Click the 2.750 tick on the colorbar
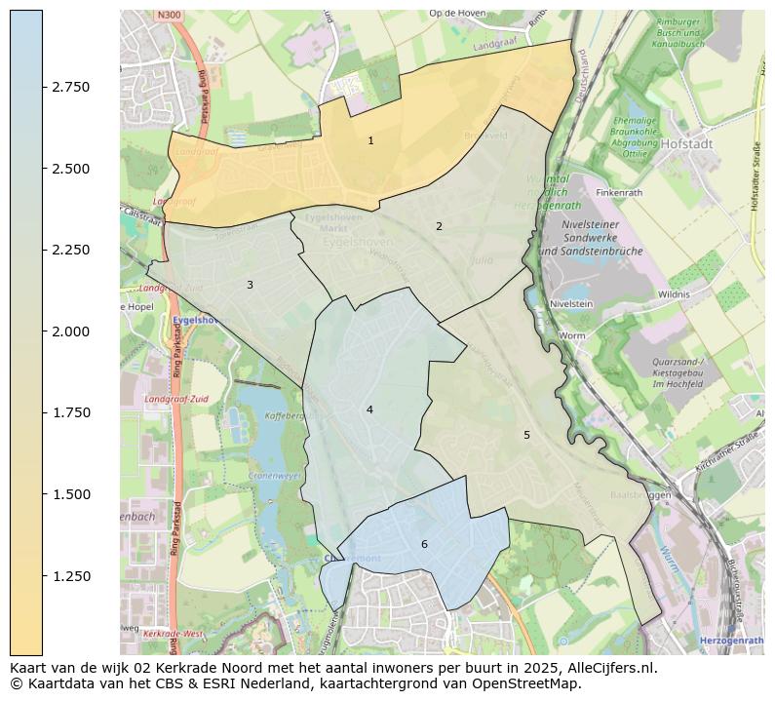70,87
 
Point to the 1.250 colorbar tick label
70,576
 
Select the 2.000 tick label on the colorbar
70,331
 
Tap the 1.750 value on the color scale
70,412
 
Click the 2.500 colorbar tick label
70,169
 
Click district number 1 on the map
370,141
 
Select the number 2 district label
439,226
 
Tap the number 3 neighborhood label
250,285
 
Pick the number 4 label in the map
369,409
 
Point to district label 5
526,435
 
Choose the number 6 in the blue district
424,544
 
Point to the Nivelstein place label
572,303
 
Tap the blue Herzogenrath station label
731,640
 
